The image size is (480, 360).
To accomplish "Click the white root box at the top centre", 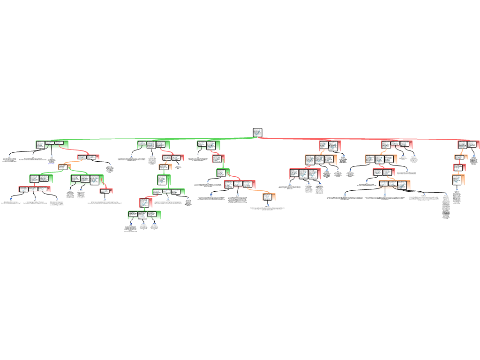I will tap(257, 133).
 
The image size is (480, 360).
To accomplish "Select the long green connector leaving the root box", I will tap(155, 139).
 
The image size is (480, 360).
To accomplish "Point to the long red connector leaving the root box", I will tap(366, 139).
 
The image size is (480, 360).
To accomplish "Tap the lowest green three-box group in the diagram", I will tap(144, 215).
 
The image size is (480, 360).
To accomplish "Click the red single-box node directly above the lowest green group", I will tap(146, 202).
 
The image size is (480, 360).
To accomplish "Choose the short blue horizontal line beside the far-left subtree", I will tap(51, 163).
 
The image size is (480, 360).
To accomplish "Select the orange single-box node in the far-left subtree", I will tap(64, 166).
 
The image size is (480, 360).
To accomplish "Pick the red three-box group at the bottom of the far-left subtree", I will tap(34, 189).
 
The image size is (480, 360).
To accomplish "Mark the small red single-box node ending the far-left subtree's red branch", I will tap(106, 191).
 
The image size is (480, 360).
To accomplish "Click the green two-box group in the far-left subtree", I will tap(41, 179).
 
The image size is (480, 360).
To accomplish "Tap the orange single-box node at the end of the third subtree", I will tap(269, 197).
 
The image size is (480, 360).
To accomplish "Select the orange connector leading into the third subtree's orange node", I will tap(258, 191).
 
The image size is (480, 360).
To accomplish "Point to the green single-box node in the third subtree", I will tap(223, 172).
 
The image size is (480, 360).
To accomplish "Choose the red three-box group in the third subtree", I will tap(240, 184).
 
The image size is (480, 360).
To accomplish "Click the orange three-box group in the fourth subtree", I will tap(321, 160).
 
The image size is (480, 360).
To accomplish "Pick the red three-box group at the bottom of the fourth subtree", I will tap(305, 174).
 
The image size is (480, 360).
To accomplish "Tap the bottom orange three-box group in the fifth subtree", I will tap(394, 185).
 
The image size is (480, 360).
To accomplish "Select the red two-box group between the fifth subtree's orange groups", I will tap(383, 172).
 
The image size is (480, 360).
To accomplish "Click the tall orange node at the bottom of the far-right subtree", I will tap(458, 180).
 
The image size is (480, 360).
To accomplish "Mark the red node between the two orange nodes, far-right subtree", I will tap(459, 167).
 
